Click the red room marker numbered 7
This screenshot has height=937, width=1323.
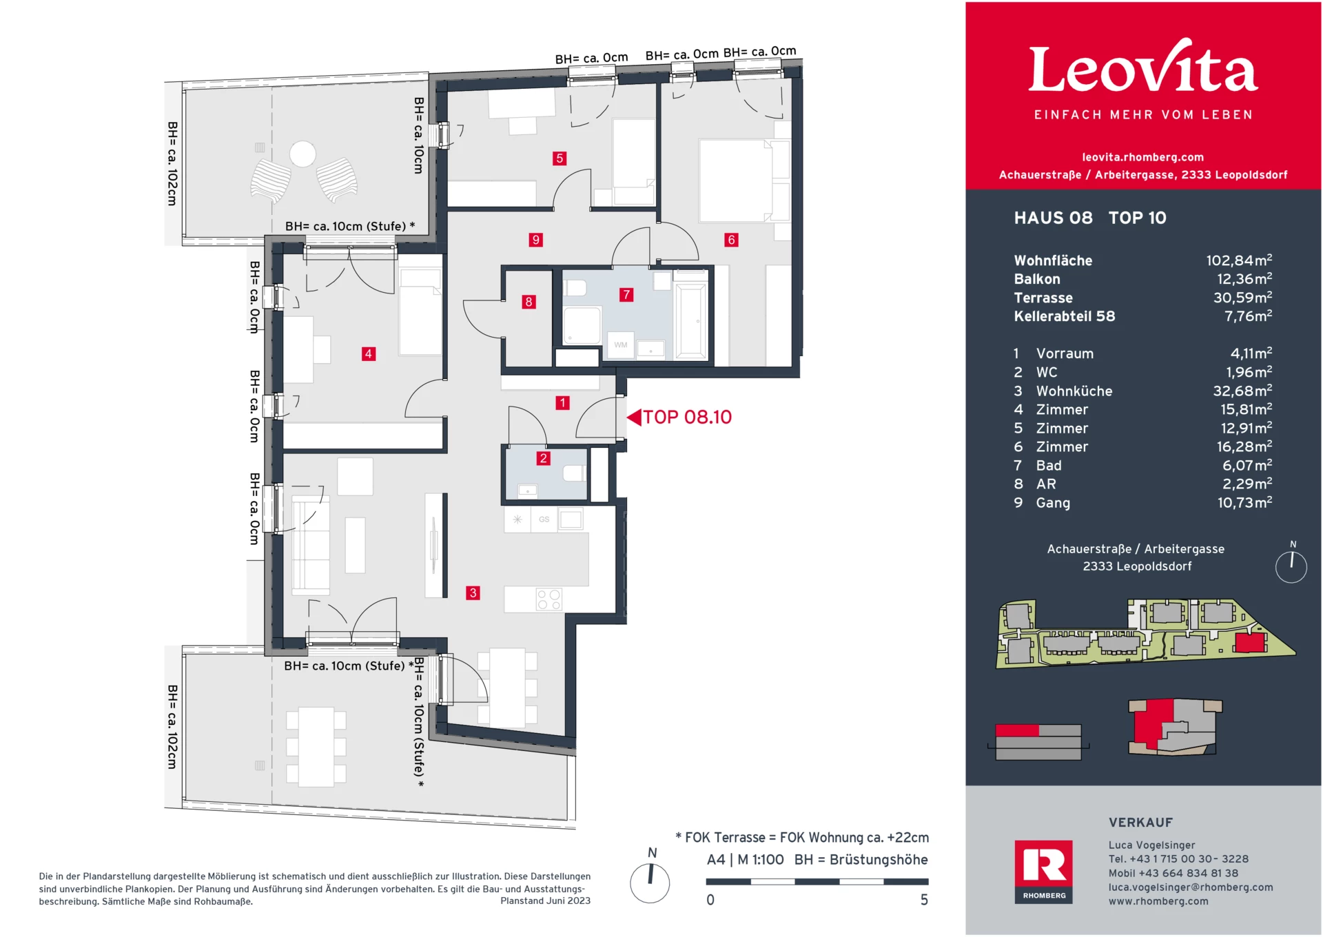[626, 295]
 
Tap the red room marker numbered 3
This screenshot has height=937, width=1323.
[473, 593]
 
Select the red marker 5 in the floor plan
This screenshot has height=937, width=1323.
[560, 158]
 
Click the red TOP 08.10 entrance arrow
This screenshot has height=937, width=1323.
[634, 417]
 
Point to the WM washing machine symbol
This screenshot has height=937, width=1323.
[621, 345]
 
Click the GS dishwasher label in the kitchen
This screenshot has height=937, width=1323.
[544, 519]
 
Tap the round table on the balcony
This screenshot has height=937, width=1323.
[302, 154]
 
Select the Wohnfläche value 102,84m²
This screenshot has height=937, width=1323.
[1238, 260]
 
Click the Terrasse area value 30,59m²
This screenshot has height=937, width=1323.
[1242, 298]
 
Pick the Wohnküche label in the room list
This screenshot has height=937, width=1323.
[1074, 391]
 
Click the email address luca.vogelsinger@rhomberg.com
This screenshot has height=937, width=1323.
[1190, 887]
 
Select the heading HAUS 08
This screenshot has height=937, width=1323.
[1053, 218]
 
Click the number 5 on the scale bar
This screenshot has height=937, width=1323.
[924, 900]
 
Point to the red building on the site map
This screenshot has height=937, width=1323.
[1249, 643]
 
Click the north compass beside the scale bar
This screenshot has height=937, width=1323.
[650, 883]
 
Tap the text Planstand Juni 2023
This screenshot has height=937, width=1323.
[545, 900]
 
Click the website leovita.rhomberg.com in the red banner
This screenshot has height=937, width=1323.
[1142, 157]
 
